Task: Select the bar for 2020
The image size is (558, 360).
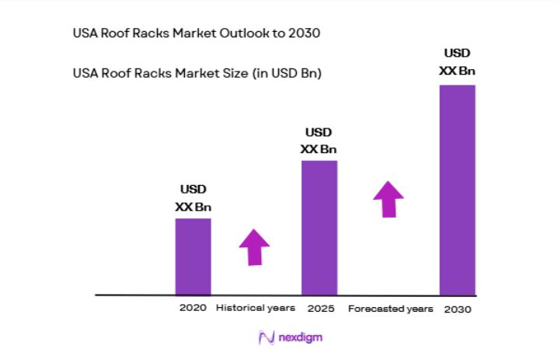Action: click(193, 257)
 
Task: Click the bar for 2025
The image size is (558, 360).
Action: click(319, 228)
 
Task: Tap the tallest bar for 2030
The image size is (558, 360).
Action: click(457, 190)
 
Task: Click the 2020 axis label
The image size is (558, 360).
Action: click(193, 308)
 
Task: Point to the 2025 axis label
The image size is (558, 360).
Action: click(320, 309)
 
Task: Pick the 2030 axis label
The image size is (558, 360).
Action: click(458, 309)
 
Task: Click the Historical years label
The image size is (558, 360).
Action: click(256, 308)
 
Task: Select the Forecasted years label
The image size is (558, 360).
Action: click(390, 309)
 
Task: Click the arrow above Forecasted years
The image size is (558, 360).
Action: click(389, 199)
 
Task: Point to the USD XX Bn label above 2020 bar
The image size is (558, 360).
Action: click(194, 198)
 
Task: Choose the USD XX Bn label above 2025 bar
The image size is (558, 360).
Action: click(319, 141)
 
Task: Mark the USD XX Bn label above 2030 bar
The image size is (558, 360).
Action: click(458, 62)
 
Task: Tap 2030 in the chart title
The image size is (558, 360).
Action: click(304, 33)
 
